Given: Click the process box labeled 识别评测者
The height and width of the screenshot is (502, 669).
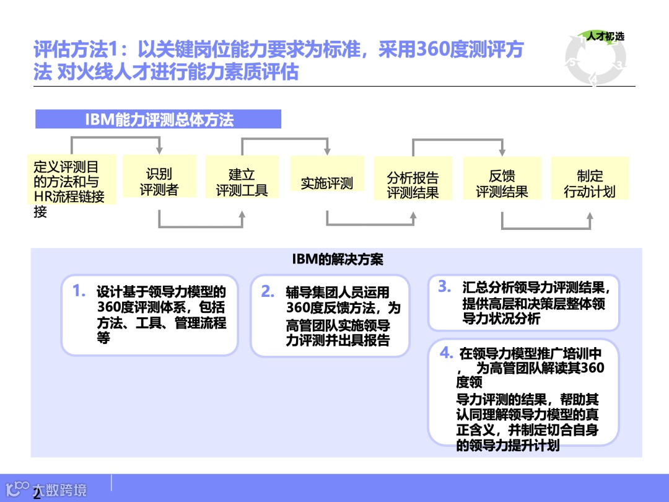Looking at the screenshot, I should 159,182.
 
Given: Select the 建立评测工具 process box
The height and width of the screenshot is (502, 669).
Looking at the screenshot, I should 242,183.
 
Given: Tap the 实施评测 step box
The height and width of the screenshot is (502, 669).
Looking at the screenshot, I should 327,183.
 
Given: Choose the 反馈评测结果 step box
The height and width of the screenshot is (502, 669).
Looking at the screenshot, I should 502,184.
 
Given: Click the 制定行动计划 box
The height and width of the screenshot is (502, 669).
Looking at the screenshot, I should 590,184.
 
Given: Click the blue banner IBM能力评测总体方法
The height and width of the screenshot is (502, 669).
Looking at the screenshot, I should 159,120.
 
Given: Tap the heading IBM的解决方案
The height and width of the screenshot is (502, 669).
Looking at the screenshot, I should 338,259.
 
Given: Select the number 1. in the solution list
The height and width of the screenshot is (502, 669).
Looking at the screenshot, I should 79,291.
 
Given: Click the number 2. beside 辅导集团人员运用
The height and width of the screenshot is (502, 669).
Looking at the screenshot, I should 268,291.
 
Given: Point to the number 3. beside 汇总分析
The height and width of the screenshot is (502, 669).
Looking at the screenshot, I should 444,286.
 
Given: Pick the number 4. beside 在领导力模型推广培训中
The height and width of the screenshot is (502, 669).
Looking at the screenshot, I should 446,353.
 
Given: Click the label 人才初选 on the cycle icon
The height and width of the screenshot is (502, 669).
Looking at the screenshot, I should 605,36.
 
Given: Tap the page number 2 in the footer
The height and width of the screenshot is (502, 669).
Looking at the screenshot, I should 37,494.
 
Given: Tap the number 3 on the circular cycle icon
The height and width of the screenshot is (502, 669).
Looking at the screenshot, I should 621,64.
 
